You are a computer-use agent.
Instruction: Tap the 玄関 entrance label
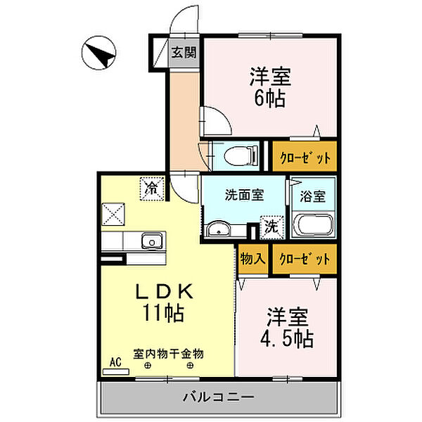pyautogui.click(x=185, y=51)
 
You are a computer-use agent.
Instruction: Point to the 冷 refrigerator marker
pyautogui.click(x=151, y=188)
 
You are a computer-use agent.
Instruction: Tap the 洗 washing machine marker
pyautogui.click(x=271, y=226)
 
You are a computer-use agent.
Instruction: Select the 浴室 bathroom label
pyautogui.click(x=313, y=197)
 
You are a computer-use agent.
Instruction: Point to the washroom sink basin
pyautogui.click(x=217, y=228)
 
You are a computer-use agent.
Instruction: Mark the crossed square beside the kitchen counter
pyautogui.click(x=113, y=213)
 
